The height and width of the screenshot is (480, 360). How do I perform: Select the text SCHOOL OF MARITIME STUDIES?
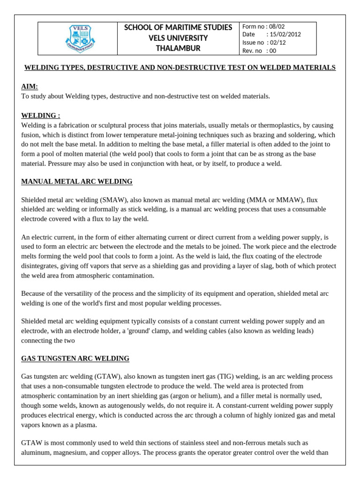tap(178, 28)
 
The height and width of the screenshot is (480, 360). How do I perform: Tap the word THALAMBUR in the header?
tap(178, 48)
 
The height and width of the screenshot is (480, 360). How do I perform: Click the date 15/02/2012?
tap(284, 34)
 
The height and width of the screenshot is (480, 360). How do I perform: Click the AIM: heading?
tap(30, 87)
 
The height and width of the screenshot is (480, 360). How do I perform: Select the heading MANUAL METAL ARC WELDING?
tap(77, 181)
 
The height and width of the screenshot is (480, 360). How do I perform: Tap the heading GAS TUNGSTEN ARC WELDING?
tap(75, 359)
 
